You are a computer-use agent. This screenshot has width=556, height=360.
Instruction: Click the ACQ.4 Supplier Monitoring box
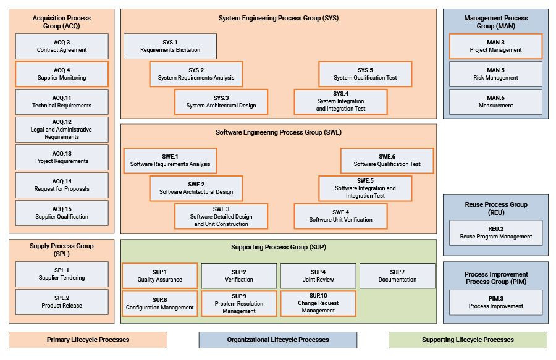point(62,74)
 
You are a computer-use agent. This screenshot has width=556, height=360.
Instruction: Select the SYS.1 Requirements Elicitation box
point(170,46)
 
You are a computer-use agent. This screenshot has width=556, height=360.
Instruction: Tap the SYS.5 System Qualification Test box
point(365,74)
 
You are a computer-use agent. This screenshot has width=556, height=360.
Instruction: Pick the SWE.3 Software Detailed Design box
point(221,216)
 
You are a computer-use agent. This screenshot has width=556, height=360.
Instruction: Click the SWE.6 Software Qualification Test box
point(387,161)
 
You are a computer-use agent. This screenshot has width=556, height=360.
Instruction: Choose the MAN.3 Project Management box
point(495,46)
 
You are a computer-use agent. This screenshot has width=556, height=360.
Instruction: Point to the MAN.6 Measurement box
point(495,102)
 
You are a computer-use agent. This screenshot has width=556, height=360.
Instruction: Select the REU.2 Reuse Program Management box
point(495,233)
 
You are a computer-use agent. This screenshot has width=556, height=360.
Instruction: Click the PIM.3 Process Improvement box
point(495,302)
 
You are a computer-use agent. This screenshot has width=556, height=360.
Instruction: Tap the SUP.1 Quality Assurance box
point(160,276)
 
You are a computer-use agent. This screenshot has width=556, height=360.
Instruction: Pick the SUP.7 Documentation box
point(397,276)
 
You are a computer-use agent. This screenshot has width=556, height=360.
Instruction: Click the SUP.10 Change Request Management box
point(318,303)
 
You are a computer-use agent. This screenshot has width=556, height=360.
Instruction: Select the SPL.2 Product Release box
point(62,302)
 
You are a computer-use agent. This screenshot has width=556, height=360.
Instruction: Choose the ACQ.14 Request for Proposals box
point(62,185)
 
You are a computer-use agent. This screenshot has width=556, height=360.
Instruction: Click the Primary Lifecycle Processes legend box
point(88,340)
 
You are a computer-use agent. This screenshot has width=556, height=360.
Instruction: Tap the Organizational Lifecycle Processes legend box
point(277,340)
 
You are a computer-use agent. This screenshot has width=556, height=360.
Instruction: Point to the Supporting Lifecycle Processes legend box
point(468,340)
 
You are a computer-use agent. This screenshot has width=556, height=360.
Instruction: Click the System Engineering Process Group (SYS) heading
point(279,18)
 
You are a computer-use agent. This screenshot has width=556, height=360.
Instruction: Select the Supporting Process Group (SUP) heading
point(279,247)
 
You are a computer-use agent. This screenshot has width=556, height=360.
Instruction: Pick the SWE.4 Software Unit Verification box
point(340,216)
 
